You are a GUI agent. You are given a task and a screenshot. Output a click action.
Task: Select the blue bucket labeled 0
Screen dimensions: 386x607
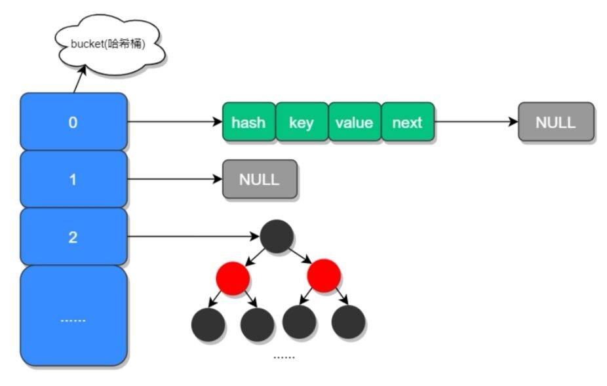point(73,122)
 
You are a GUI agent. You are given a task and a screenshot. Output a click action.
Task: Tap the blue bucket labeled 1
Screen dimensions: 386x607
point(73,179)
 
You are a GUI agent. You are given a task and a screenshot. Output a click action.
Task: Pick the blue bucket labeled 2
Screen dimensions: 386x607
point(73,237)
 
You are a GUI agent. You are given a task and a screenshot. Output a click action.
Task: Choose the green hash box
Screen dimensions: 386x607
point(248,122)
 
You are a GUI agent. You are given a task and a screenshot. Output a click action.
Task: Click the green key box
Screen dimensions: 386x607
point(301,122)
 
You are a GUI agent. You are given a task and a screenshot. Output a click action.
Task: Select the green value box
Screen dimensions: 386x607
point(354,122)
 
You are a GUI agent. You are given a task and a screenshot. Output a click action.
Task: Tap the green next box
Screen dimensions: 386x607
point(407,122)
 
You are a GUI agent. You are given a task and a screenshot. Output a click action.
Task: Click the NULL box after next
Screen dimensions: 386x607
point(555,122)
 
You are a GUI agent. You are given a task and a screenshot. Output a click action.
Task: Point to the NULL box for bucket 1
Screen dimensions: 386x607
point(260,179)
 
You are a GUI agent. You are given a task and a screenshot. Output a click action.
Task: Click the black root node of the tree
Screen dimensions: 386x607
point(277,237)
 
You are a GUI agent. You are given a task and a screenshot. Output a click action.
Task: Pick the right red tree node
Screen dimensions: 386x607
point(324,276)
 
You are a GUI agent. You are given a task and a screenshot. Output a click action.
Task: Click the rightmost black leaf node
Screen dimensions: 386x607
point(348,322)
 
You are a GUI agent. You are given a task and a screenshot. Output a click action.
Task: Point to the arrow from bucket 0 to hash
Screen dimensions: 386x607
point(174,122)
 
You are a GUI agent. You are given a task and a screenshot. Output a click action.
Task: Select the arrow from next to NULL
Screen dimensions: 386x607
point(476,122)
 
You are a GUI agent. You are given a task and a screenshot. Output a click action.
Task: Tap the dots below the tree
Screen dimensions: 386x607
point(284,357)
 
